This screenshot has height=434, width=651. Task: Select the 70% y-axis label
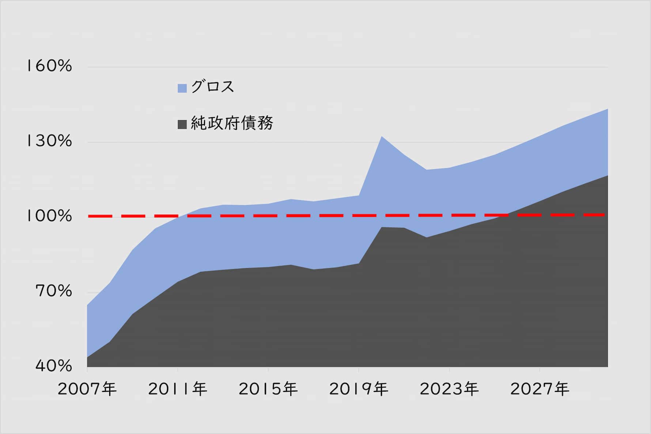[x=54, y=291]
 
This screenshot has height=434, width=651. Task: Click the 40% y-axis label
[x=54, y=366]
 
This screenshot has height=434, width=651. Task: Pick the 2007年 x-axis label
[x=87, y=389]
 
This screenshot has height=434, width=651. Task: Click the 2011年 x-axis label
[x=178, y=389]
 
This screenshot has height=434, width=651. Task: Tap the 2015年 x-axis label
[x=268, y=389]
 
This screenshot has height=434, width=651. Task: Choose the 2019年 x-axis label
[x=359, y=389]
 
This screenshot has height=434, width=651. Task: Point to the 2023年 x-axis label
[x=449, y=389]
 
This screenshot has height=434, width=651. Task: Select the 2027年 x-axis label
[x=540, y=389]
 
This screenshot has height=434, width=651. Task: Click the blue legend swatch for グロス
[x=182, y=88]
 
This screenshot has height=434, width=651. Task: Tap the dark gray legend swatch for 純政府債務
[x=182, y=124]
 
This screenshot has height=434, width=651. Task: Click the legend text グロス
[x=212, y=87]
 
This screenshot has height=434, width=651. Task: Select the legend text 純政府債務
[x=232, y=123]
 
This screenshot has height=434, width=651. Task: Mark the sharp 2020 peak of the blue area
[x=382, y=137]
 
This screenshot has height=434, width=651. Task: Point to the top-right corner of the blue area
[x=607, y=109]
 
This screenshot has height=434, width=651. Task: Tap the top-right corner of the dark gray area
[x=607, y=176]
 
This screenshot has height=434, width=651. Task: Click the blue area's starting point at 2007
[x=88, y=305]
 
